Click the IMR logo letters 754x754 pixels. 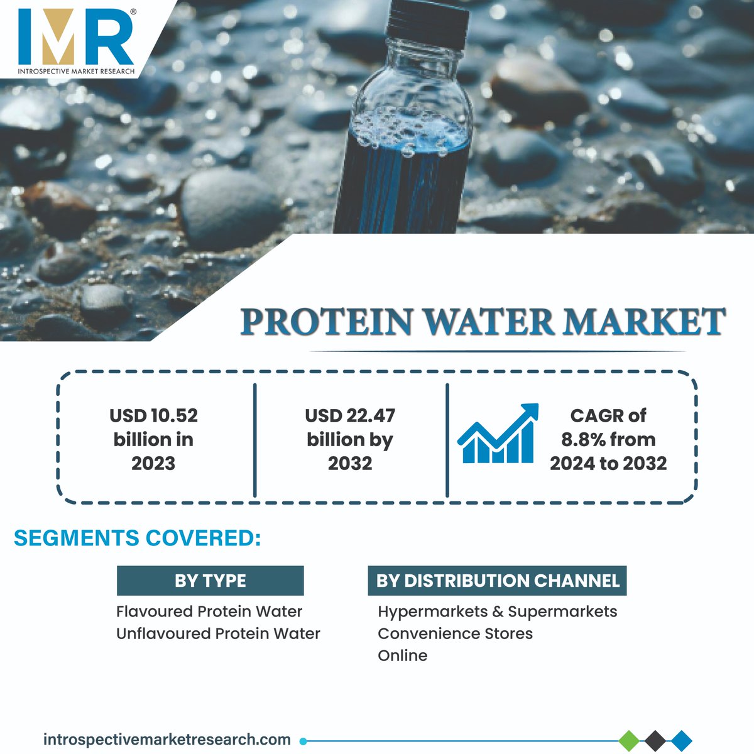pyautogui.click(x=75, y=36)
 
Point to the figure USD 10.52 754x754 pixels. pyautogui.click(x=153, y=416)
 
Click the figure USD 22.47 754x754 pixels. pyautogui.click(x=350, y=416)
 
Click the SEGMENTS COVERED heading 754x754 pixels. pyautogui.click(x=137, y=538)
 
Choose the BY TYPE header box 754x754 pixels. pyautogui.click(x=210, y=581)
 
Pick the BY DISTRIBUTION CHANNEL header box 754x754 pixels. pyautogui.click(x=497, y=581)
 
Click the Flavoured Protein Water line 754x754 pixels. pyautogui.click(x=209, y=611)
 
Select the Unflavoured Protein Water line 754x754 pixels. pyautogui.click(x=218, y=633)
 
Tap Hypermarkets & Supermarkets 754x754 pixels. pyautogui.click(x=497, y=611)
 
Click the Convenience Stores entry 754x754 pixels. pyautogui.click(x=455, y=633)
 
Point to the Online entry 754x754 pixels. pyautogui.click(x=402, y=655)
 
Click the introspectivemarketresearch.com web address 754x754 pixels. pyautogui.click(x=167, y=740)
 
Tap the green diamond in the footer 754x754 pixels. pyautogui.click(x=629, y=740)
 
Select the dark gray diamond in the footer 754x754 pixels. pyautogui.click(x=655, y=740)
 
